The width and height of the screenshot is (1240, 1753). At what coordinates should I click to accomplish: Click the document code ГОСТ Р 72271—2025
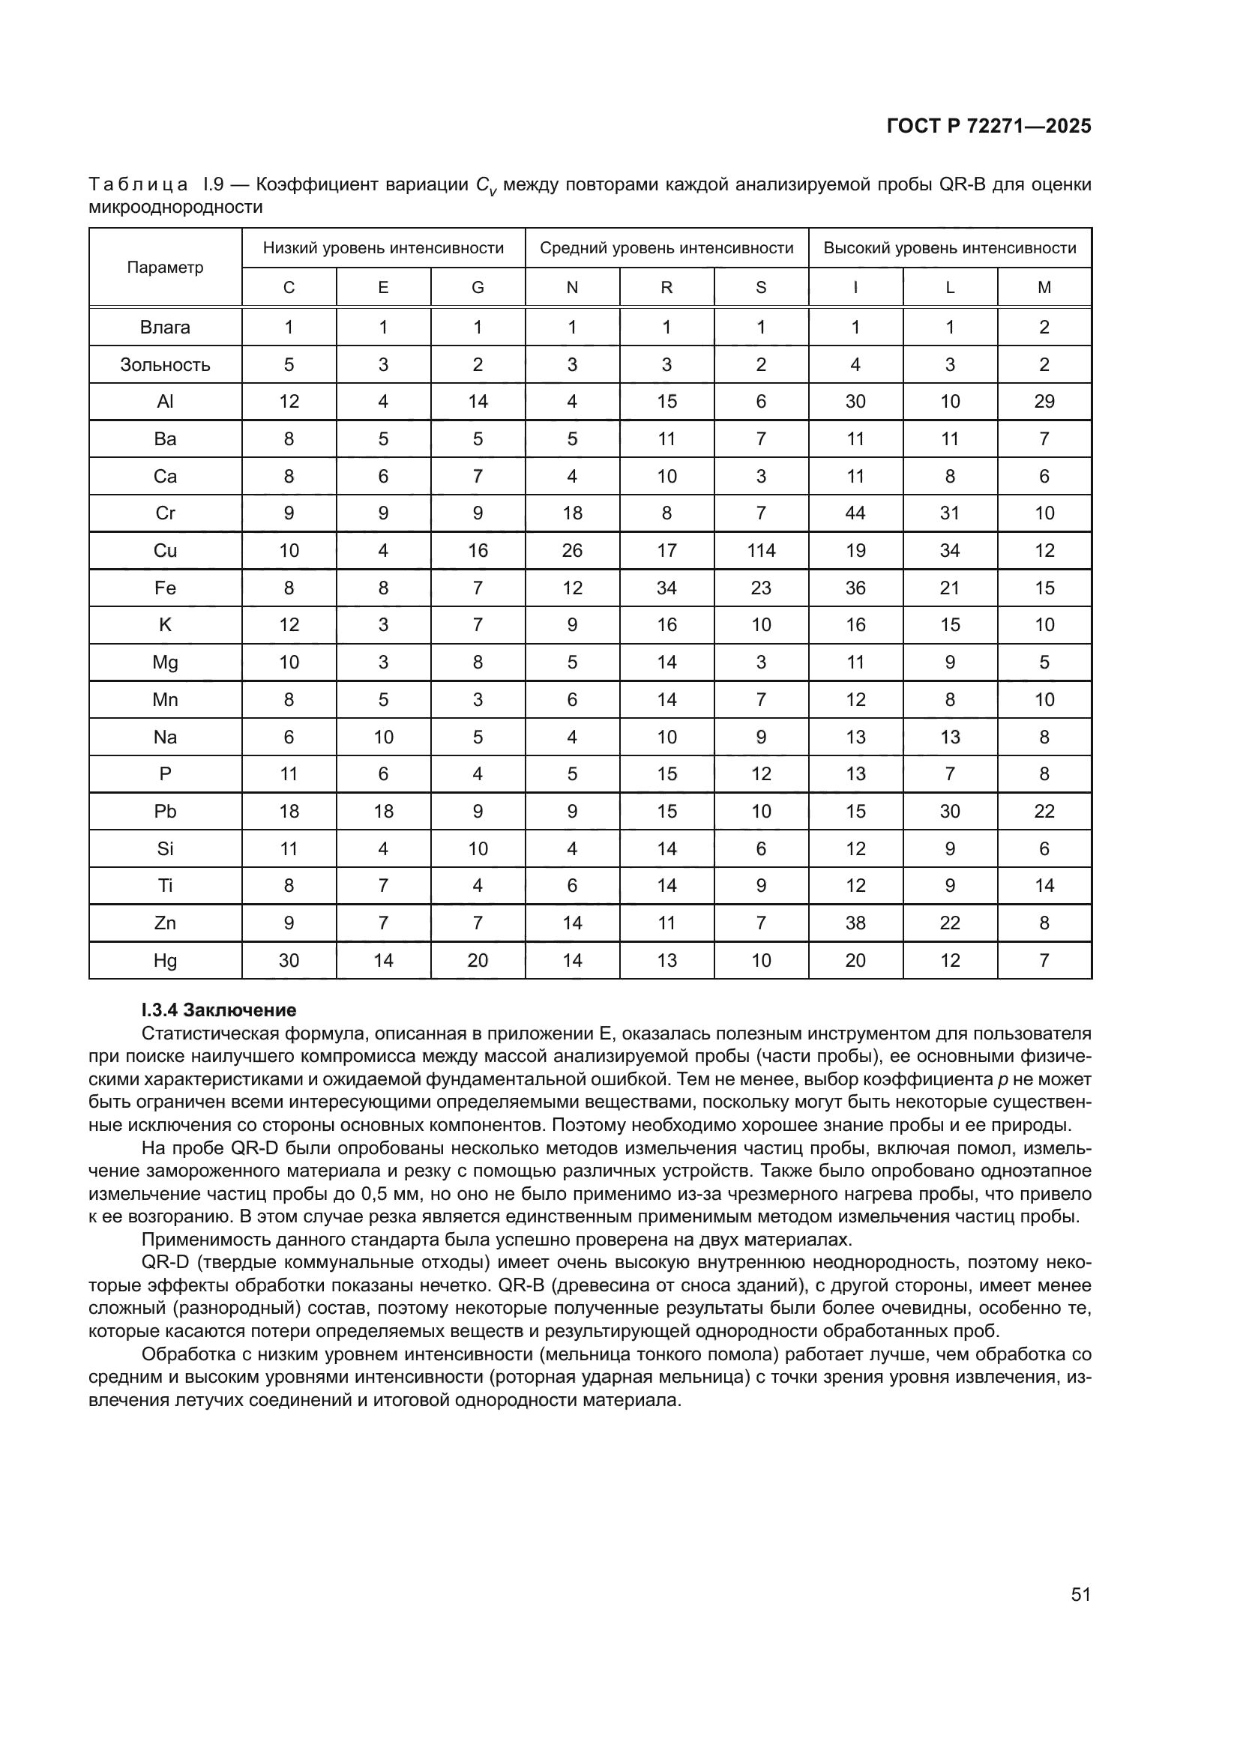(x=989, y=126)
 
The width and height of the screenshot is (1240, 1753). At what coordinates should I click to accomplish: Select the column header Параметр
(x=165, y=268)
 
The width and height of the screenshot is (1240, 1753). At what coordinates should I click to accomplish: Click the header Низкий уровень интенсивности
(x=383, y=247)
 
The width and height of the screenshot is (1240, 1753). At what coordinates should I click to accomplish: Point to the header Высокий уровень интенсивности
(x=950, y=247)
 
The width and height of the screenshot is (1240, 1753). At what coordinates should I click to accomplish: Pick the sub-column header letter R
(x=666, y=287)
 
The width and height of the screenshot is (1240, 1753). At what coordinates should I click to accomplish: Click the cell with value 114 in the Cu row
(x=761, y=551)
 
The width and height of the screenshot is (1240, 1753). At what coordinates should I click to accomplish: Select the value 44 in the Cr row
(x=855, y=513)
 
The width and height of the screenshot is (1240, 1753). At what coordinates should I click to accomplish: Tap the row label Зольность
(x=165, y=364)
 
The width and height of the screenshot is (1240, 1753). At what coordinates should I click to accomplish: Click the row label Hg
(x=165, y=961)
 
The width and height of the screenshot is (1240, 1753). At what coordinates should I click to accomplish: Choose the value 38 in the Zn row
(x=855, y=923)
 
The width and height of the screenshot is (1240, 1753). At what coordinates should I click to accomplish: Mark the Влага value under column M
(x=1044, y=327)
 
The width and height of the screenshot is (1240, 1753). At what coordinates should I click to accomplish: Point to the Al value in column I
(x=855, y=402)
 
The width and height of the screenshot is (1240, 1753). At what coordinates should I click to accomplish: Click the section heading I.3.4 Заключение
(x=219, y=1010)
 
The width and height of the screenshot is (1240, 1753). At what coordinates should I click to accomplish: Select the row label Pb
(x=165, y=811)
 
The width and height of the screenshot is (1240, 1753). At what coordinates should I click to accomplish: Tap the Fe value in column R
(x=666, y=588)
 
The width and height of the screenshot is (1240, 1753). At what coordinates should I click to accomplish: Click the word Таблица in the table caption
(x=138, y=184)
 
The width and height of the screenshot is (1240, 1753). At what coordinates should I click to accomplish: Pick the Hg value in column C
(x=289, y=961)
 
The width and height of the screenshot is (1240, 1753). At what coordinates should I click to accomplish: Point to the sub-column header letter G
(x=478, y=287)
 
